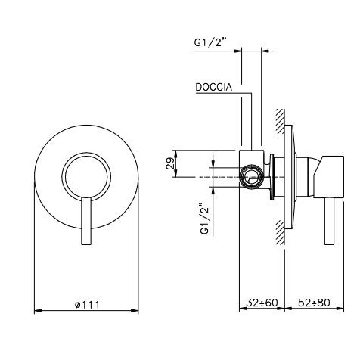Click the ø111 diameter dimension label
click(87, 305)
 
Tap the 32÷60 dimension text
click(262, 303)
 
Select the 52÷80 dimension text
click(314, 303)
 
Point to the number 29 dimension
click(169, 163)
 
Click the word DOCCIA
click(214, 87)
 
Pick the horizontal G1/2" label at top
click(209, 42)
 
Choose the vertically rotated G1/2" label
click(205, 218)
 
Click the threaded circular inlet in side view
click(252, 176)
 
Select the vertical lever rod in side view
click(330, 220)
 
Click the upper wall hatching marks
click(280, 122)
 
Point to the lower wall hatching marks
click(280, 232)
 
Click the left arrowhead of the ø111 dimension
click(38, 311)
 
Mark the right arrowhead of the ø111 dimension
click(135, 311)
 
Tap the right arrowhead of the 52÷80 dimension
click(340, 308)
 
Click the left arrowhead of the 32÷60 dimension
click(243, 308)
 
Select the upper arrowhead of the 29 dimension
click(176, 154)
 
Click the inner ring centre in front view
click(86, 176)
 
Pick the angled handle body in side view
click(328, 176)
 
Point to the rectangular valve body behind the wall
click(252, 170)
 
